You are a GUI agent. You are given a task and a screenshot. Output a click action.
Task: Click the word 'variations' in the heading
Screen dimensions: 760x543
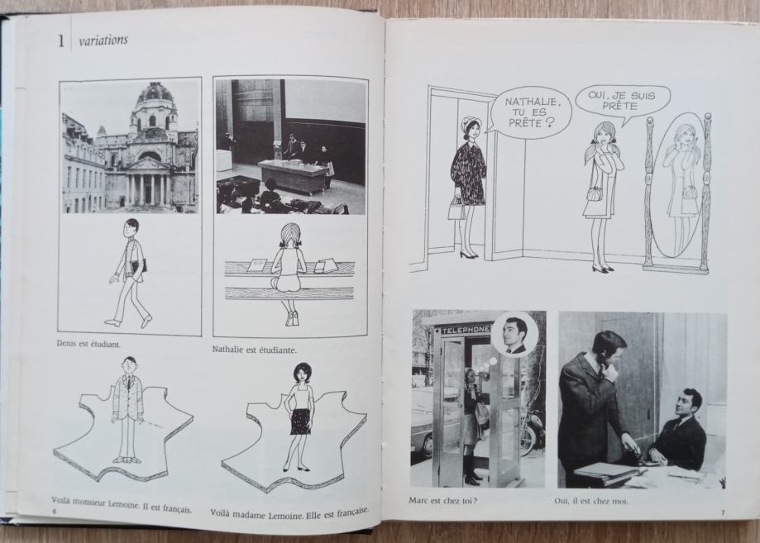point(103,40)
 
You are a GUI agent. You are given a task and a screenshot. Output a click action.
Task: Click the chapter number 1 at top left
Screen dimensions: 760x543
point(61,41)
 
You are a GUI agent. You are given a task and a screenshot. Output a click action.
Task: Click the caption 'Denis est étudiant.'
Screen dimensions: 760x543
point(88,345)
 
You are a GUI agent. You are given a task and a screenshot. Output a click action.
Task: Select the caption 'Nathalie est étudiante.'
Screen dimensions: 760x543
point(255,349)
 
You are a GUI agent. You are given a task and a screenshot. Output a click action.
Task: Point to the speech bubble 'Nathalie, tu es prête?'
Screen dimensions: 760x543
point(530,112)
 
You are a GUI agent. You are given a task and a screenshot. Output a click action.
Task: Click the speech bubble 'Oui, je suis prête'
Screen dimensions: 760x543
point(621,101)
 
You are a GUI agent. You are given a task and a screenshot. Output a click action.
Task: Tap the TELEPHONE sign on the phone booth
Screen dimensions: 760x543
point(464,330)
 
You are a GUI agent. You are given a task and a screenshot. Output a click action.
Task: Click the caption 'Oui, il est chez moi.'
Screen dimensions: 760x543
point(590,501)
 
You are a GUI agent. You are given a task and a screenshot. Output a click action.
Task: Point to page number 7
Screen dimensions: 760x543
point(722,513)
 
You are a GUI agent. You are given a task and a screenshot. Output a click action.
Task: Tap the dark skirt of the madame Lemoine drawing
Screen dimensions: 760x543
point(300,421)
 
